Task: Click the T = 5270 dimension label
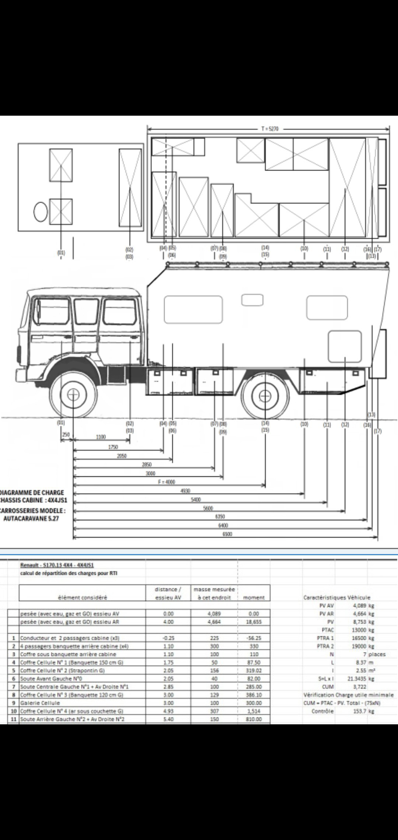[x=270, y=129]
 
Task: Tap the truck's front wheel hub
[x=74, y=395]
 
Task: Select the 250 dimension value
[x=66, y=435]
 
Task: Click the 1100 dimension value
[x=101, y=437]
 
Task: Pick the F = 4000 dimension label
[x=166, y=482]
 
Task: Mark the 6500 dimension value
[x=227, y=534]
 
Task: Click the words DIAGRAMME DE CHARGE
[x=32, y=492]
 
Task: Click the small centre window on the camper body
[x=252, y=300]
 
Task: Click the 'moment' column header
[x=254, y=598]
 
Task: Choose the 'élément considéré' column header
[x=83, y=598]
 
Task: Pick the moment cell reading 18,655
[x=254, y=622]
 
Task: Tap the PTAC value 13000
[x=356, y=630]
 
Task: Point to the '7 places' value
[x=374, y=654]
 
